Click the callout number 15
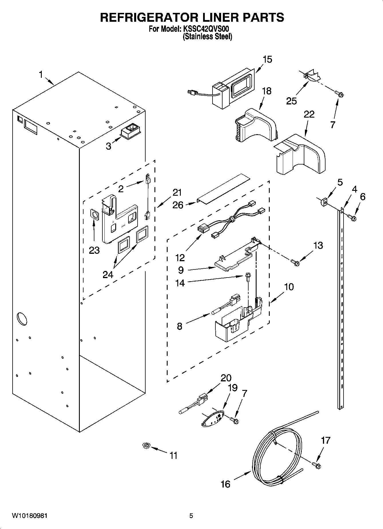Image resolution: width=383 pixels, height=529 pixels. click(x=267, y=60)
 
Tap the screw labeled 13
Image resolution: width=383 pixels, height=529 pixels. click(x=295, y=261)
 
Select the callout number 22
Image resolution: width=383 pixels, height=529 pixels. click(x=309, y=114)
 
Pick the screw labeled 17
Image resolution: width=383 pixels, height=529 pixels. click(x=317, y=466)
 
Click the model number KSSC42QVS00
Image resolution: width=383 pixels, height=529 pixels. click(x=205, y=29)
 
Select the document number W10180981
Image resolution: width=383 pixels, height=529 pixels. click(x=29, y=516)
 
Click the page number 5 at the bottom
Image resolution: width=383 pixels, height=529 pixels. click(x=191, y=516)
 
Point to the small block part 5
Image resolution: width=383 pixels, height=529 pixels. click(x=324, y=202)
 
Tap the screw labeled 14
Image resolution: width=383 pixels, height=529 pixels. click(x=247, y=277)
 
